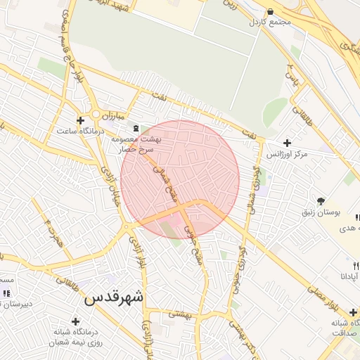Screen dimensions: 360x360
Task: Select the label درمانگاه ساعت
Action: click(81, 131)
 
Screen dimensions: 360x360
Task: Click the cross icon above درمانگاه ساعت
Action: click(80, 121)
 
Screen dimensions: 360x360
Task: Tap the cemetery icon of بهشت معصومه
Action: click(136, 127)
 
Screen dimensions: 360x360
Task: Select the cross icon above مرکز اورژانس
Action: click(287, 143)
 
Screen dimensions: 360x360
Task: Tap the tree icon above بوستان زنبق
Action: click(321, 201)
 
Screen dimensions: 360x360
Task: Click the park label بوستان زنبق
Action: click(321, 212)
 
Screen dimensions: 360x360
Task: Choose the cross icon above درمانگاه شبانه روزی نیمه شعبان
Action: click(75, 321)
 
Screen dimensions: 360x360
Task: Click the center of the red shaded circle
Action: click(180, 179)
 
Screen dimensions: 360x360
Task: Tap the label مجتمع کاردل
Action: click(269, 22)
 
